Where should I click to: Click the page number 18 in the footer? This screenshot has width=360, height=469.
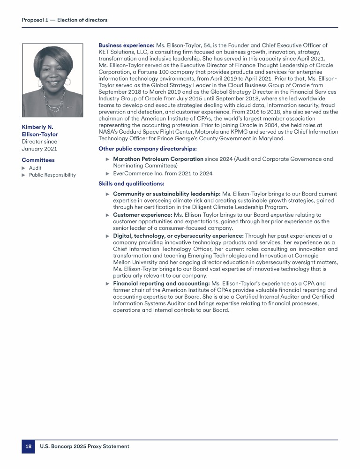(x=28, y=446)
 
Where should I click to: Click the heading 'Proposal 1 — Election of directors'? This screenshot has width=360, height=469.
(x=65, y=20)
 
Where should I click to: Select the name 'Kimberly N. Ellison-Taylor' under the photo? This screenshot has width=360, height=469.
(x=40, y=130)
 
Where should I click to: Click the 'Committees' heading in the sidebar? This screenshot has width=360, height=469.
(x=38, y=160)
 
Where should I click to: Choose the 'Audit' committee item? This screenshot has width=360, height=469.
(x=35, y=168)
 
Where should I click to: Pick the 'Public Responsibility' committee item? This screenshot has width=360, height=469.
(x=52, y=175)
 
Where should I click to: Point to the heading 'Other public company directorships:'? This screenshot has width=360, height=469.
(x=147, y=149)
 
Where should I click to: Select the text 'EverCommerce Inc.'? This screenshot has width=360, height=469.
(x=135, y=174)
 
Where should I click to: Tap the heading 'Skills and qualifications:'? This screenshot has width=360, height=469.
(x=131, y=183)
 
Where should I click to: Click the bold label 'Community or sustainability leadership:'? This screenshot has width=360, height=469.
(x=166, y=194)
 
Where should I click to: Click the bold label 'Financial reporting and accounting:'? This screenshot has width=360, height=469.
(x=161, y=283)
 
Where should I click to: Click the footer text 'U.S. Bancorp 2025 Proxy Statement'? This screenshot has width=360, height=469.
(x=84, y=446)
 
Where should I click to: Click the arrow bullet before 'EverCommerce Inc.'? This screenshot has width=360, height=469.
(x=108, y=174)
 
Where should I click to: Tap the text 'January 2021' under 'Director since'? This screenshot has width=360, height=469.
(x=39, y=149)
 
